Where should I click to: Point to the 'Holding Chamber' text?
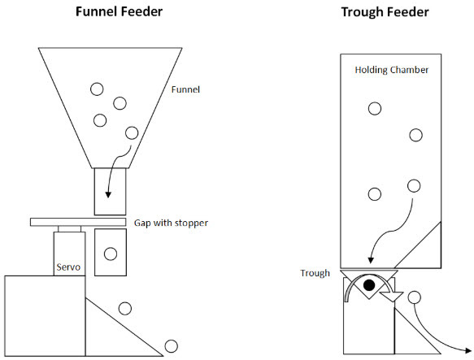[391, 70]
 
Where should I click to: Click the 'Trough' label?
[316, 273]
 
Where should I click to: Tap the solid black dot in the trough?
[369, 285]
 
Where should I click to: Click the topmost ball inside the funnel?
[97, 89]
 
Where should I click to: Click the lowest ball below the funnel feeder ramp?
[171, 345]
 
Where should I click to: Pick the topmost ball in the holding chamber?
[374, 108]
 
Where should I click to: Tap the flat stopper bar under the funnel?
[80, 222]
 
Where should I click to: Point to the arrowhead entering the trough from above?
[371, 260]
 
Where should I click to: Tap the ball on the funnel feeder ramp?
[125, 308]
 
